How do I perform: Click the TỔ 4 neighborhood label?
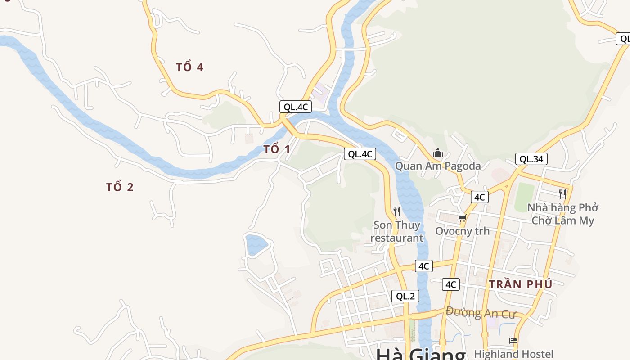[189, 67]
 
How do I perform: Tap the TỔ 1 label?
[276, 149]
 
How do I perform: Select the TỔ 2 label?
[120, 187]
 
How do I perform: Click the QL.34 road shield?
[531, 159]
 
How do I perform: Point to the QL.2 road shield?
[405, 296]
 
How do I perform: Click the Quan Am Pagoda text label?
[438, 166]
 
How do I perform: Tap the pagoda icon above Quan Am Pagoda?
[438, 153]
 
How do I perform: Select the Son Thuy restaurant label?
[396, 231]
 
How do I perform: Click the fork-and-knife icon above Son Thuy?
[397, 211]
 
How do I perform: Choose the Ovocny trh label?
[462, 231]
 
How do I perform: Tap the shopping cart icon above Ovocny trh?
[462, 218]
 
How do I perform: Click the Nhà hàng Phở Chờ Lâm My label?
[562, 214]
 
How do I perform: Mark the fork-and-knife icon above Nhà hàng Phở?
[562, 194]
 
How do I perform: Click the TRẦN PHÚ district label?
[520, 284]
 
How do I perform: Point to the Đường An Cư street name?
[481, 312]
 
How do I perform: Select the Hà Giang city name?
[421, 354]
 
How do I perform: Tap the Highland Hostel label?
[513, 354]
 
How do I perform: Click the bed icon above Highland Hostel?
[513, 341]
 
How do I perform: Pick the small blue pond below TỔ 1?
[256, 244]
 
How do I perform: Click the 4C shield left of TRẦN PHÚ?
[451, 284]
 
